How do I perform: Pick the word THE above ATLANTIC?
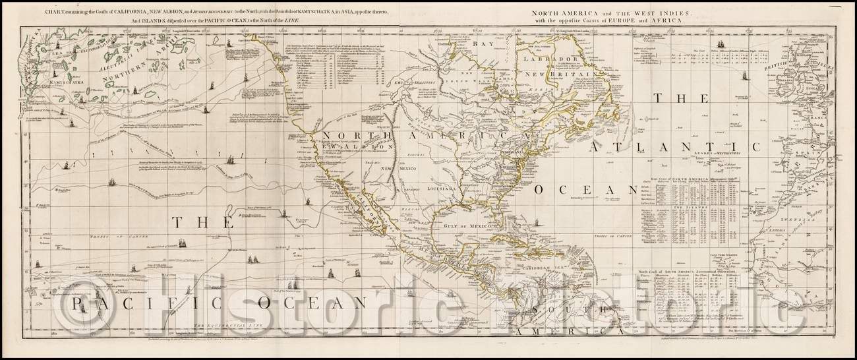click(x=680, y=98)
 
